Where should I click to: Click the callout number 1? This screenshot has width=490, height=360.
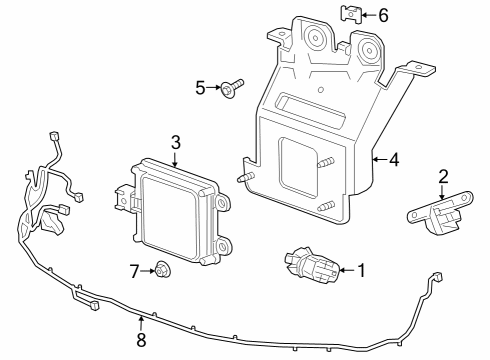[361, 268]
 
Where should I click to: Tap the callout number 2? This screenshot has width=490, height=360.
[443, 177]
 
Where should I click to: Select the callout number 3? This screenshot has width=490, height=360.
[175, 142]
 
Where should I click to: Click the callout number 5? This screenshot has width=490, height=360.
[200, 88]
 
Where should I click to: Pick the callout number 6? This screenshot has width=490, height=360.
[382, 15]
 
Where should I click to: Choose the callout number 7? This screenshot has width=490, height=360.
[134, 270]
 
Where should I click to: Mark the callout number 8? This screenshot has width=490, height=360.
[141, 341]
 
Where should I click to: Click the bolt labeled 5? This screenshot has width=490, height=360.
[229, 89]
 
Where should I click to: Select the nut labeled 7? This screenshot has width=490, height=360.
[161, 269]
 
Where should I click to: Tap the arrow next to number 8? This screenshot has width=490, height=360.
[141, 322]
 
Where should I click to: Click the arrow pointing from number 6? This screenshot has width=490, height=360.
[367, 15]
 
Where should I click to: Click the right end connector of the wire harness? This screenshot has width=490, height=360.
[435, 275]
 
